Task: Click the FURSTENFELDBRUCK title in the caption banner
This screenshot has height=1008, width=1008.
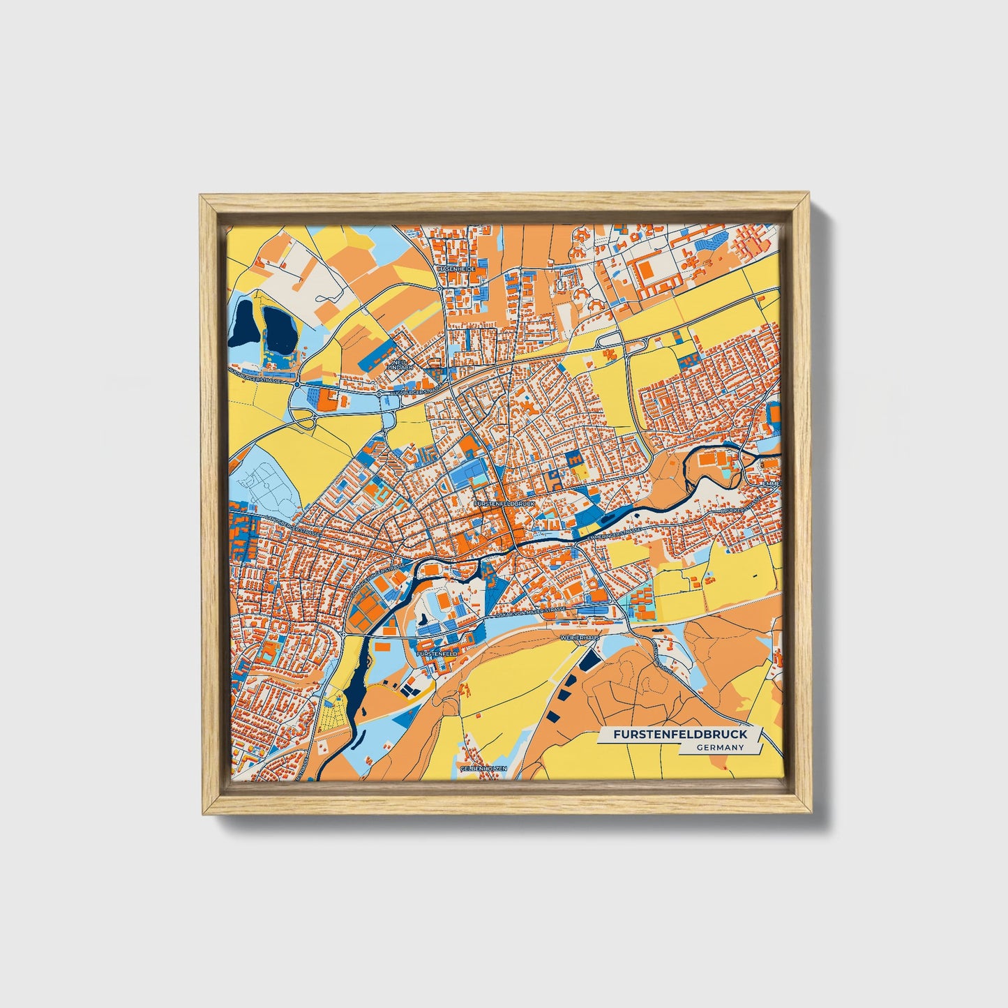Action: click(x=680, y=735)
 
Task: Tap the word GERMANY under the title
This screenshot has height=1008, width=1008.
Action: click(x=719, y=748)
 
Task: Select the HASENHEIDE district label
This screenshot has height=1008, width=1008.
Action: click(x=456, y=268)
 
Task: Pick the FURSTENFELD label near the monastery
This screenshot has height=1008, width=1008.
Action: click(x=436, y=654)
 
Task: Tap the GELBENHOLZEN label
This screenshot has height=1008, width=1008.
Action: click(x=483, y=768)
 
